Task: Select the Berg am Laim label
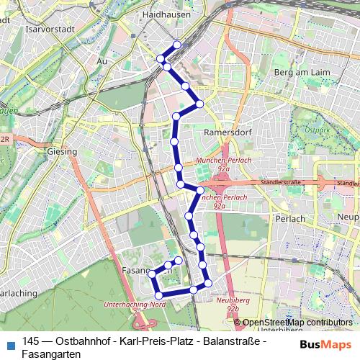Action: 301,73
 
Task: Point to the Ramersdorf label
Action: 225,132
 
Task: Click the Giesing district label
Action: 60,153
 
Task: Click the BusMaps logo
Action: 322,344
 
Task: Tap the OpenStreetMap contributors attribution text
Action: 297,323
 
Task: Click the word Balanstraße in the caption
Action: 222,341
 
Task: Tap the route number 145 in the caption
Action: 31,341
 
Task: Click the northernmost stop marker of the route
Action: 176,44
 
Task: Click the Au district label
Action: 102,62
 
